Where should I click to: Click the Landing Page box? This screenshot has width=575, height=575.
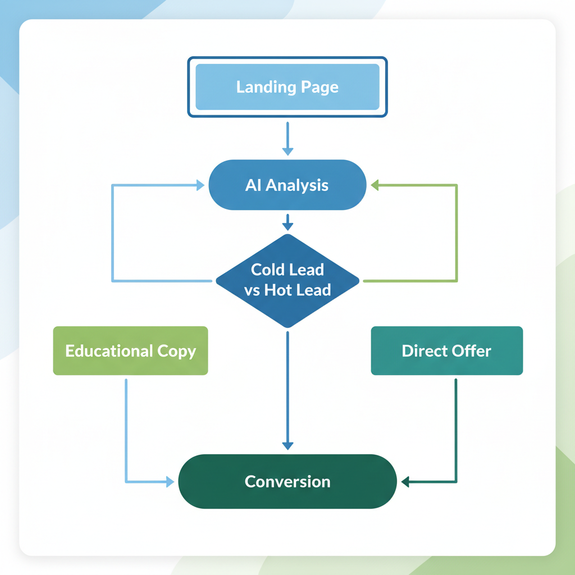[x=287, y=87]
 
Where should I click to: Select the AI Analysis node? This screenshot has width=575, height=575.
[x=287, y=185]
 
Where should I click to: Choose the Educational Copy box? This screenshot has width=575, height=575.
[x=130, y=351]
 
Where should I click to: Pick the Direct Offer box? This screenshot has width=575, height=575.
[x=446, y=351]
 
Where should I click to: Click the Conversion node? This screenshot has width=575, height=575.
[x=287, y=481]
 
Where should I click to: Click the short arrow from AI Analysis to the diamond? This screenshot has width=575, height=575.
[x=287, y=222]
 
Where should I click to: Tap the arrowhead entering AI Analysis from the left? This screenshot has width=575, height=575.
[x=200, y=185]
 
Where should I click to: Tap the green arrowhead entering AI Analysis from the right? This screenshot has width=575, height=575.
[x=376, y=185]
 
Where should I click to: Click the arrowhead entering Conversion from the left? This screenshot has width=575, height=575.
[x=169, y=482]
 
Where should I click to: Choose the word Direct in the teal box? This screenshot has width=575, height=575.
[x=422, y=351]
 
